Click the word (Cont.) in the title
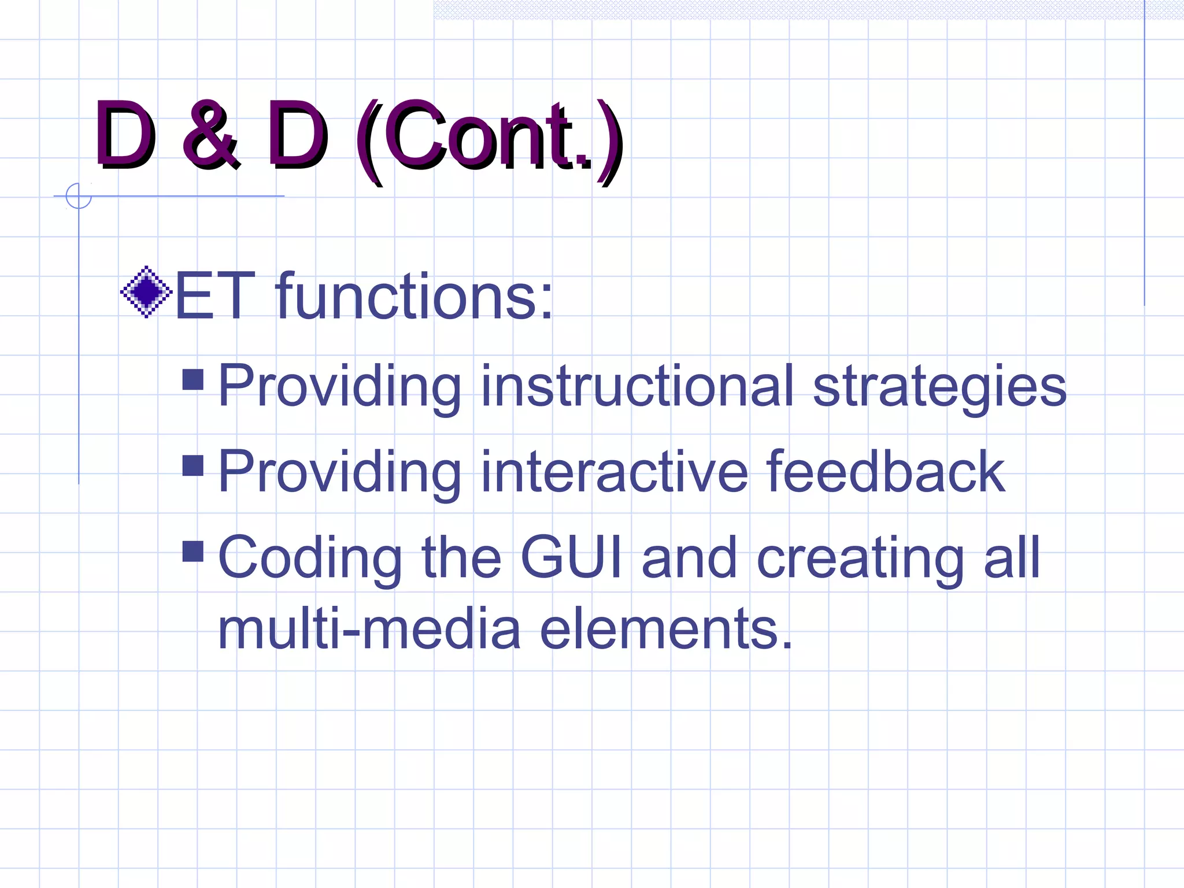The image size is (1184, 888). click(x=489, y=139)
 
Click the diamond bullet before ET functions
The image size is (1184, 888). click(x=146, y=292)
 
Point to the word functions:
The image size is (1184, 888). click(x=414, y=297)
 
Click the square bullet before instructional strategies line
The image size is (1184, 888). click(x=193, y=380)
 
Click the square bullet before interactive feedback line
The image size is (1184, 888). click(x=193, y=465)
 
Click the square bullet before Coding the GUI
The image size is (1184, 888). click(x=193, y=551)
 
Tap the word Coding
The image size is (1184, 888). click(x=310, y=558)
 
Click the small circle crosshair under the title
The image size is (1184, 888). click(x=79, y=196)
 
